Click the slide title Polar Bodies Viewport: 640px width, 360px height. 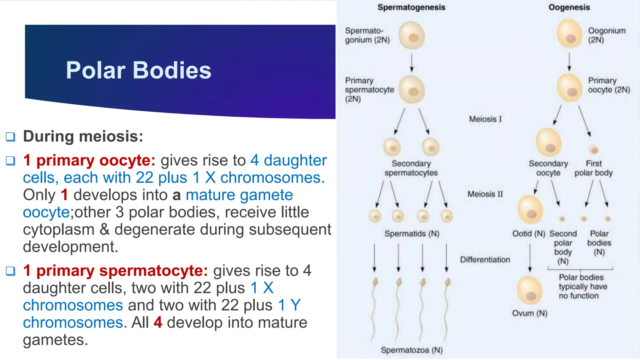point(138,70)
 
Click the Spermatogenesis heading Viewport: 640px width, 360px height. point(411,7)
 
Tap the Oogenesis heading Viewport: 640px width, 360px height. point(569,7)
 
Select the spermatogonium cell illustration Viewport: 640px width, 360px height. point(412,36)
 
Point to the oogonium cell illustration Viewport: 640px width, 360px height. point(570,34)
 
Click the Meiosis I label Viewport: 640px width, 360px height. point(485,119)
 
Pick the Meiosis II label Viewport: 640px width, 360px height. point(485,194)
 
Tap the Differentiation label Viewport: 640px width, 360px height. point(485,259)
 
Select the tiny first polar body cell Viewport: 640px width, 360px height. point(593,150)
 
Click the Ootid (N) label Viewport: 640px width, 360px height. point(528,233)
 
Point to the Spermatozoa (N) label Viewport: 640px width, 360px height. point(412,350)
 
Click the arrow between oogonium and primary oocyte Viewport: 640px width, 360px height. point(569,62)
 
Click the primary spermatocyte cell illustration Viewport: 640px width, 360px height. point(412,90)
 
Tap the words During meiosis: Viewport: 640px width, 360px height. point(83,136)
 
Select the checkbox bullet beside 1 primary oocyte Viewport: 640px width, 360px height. point(11,161)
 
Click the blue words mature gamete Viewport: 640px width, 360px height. point(239,195)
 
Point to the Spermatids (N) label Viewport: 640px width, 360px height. point(412,233)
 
